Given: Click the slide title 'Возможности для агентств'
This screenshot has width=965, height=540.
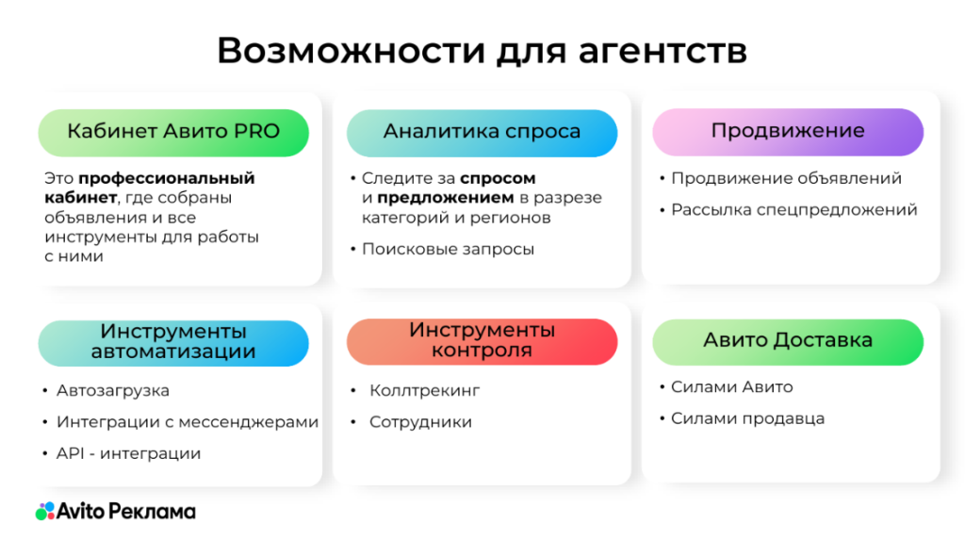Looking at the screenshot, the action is click(482, 51).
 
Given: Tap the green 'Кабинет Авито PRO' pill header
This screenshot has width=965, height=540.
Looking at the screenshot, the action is click(173, 132).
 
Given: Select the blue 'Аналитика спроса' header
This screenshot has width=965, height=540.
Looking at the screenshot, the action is click(482, 133).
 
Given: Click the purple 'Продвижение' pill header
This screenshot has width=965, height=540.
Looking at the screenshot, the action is click(788, 132).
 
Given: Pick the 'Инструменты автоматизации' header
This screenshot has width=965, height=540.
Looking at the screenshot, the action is click(173, 343).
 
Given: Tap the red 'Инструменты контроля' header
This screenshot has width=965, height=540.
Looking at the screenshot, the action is click(482, 342).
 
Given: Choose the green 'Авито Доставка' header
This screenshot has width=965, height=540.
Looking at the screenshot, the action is click(788, 342).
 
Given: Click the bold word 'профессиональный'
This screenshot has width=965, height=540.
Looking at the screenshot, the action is click(167, 178).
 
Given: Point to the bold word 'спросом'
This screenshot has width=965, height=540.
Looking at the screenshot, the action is click(498, 178).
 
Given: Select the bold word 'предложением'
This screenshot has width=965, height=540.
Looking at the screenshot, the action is click(446, 198).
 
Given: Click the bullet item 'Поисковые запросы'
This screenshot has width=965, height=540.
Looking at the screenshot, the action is click(448, 250).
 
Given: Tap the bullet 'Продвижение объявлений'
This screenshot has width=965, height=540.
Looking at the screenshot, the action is click(786, 178).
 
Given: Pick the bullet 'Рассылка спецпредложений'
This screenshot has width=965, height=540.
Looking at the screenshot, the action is click(793, 210).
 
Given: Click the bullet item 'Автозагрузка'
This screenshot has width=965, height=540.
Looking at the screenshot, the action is click(113, 391).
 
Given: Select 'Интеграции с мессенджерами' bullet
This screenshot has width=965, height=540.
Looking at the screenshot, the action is click(188, 422).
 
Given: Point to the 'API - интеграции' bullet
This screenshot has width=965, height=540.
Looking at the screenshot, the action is click(128, 454).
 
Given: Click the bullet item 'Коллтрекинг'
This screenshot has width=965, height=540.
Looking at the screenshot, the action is click(424, 391).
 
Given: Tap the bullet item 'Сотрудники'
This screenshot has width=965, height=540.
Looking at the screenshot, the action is click(420, 422).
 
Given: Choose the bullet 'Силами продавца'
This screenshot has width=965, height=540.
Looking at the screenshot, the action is click(747, 418).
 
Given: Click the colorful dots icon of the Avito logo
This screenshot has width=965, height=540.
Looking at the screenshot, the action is click(45, 511).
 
